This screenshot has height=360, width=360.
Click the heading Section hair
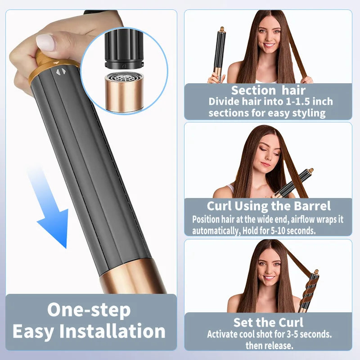pyautogui.click(x=268, y=90)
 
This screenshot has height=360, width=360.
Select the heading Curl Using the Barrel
pyautogui.click(x=269, y=206)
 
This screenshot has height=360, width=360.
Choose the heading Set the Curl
pyautogui.click(x=268, y=322)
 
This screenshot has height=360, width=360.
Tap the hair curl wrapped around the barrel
pyautogui.click(x=309, y=288)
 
